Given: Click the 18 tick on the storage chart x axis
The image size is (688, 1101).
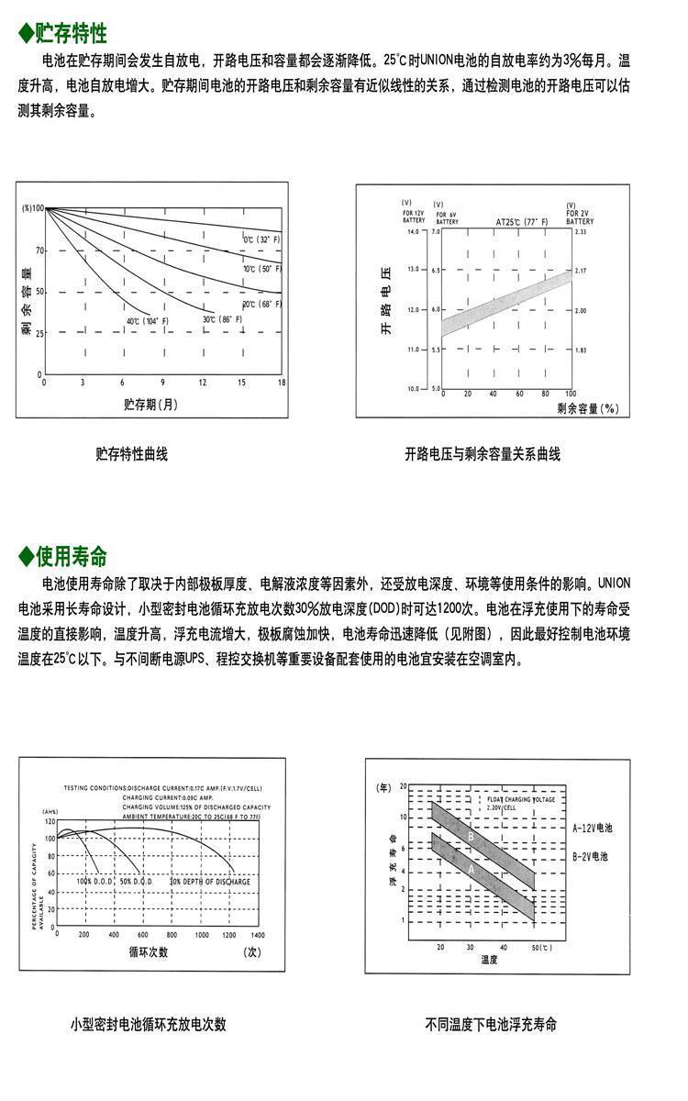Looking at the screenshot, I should pyautogui.click(x=281, y=382).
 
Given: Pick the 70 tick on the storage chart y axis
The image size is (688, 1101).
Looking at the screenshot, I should pyautogui.click(x=39, y=250).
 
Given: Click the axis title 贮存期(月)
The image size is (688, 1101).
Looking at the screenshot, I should pyautogui.click(x=150, y=404).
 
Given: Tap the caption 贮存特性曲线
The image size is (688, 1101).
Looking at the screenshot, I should pyautogui.click(x=132, y=453).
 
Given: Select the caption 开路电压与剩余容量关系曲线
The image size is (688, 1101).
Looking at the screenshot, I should pyautogui.click(x=483, y=453).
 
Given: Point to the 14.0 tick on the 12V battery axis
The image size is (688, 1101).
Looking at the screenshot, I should pyautogui.click(x=411, y=233).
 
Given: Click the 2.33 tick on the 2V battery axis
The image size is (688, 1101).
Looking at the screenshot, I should pyautogui.click(x=579, y=233).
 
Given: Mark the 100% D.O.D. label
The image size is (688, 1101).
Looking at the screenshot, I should pyautogui.click(x=94, y=881).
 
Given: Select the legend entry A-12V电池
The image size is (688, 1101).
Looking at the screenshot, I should pyautogui.click(x=593, y=828).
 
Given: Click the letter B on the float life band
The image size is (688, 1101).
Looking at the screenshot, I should pyautogui.click(x=471, y=836).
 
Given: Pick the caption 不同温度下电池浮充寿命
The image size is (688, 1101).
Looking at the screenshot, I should pyautogui.click(x=491, y=1024).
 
